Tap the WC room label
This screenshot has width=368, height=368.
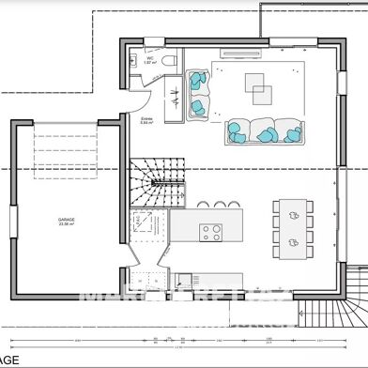pyautogui.click(x=149, y=58)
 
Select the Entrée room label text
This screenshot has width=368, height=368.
pyautogui.click(x=146, y=121)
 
